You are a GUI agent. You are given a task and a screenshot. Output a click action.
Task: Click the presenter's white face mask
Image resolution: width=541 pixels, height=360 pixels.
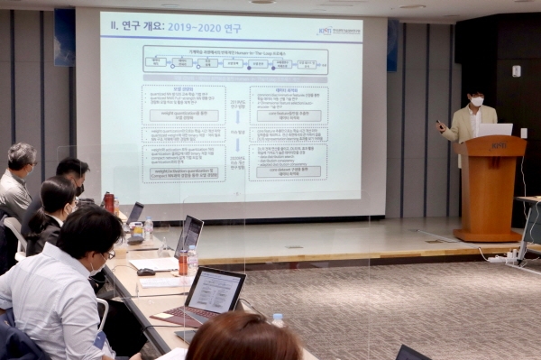(x=477, y=101)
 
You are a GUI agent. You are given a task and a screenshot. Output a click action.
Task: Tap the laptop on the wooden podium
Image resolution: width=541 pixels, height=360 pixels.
(x=493, y=130)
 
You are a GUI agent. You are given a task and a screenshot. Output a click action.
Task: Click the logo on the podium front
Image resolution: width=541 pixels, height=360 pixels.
(x=498, y=145)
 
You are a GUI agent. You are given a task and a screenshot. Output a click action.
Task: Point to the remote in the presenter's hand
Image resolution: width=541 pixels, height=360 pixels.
(x=439, y=124)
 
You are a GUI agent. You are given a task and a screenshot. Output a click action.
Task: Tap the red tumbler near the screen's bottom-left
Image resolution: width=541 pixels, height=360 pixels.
(x=109, y=201)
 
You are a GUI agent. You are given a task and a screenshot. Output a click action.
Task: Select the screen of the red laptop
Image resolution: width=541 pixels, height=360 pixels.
(x=215, y=292)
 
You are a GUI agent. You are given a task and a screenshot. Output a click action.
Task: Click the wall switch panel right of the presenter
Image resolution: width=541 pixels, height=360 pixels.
(x=516, y=71)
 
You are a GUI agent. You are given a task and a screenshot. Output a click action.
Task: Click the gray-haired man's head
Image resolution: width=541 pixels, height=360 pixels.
(x=22, y=157)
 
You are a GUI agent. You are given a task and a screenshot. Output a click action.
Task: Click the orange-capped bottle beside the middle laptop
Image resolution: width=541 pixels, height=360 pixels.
(x=182, y=263)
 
